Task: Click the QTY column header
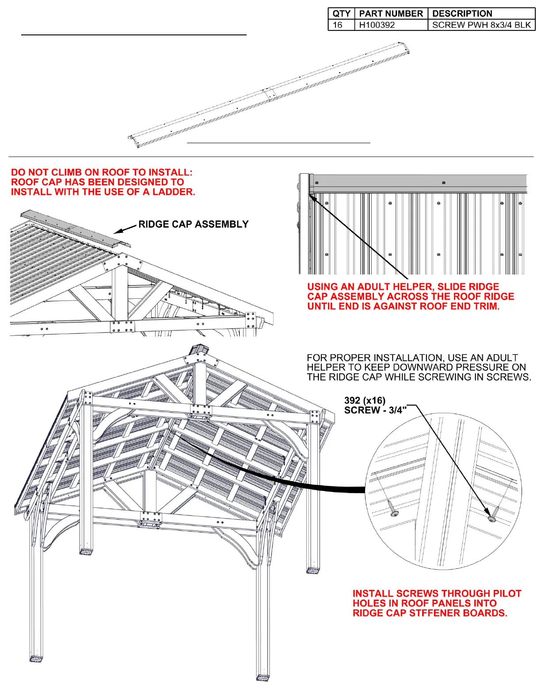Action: click(341, 14)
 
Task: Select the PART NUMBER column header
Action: click(391, 14)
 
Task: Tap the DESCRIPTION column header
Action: click(462, 14)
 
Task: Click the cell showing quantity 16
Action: click(338, 25)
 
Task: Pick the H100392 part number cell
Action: click(377, 25)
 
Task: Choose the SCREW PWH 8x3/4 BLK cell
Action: click(481, 25)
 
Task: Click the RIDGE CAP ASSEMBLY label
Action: click(193, 224)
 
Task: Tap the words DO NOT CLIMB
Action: click(46, 172)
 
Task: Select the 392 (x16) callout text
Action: click(365, 400)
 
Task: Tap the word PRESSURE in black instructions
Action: click(477, 368)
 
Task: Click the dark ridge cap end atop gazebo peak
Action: click(198, 350)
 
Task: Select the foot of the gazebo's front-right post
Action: click(263, 677)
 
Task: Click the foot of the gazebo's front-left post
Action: click(36, 659)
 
